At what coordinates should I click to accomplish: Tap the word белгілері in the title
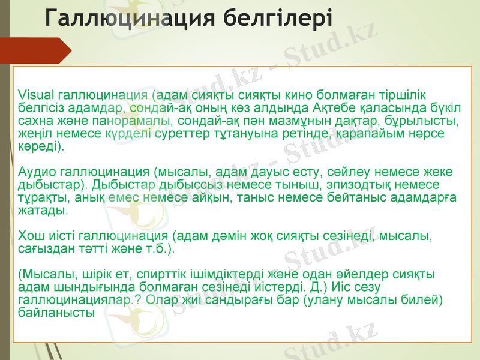281,18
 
